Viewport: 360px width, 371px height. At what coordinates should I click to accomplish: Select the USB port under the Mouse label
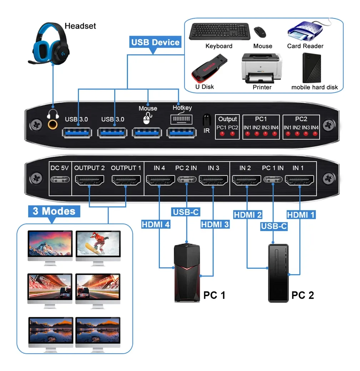click(147, 132)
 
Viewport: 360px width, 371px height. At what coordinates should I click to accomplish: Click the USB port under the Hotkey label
click(181, 132)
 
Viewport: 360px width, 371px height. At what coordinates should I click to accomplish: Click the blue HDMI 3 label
click(215, 224)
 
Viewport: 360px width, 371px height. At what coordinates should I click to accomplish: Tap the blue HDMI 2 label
click(247, 215)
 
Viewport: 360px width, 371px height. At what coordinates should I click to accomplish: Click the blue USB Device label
click(155, 42)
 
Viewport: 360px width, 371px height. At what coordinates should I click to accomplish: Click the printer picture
click(262, 68)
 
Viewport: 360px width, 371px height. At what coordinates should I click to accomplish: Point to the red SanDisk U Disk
click(209, 68)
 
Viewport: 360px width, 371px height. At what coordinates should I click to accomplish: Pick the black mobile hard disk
click(311, 68)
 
